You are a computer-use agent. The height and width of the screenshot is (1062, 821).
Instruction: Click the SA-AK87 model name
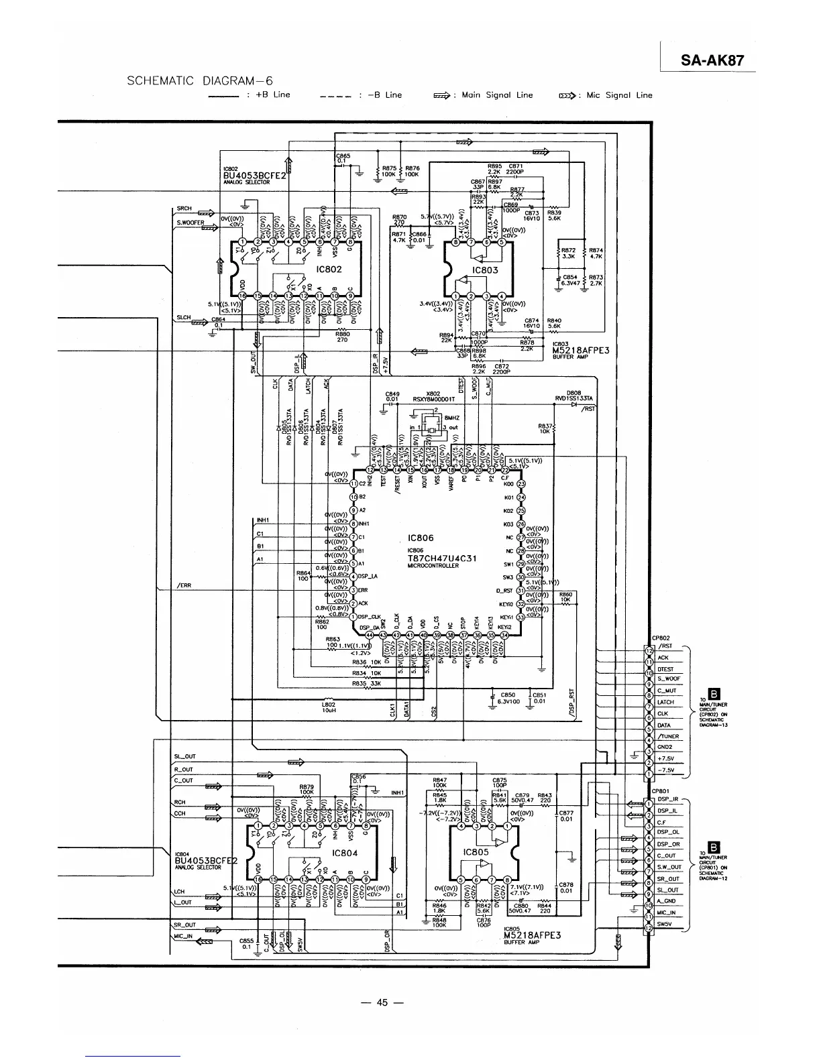tap(712, 60)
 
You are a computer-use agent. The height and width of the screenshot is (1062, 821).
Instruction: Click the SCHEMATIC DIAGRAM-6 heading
tap(199, 81)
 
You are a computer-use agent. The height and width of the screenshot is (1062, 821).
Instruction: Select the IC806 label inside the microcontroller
tap(421, 538)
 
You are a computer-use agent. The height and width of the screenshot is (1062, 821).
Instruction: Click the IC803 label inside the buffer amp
tap(485, 270)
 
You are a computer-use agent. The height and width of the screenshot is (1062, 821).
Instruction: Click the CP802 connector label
tap(661, 638)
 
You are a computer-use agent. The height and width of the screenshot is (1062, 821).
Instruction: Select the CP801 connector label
tap(661, 790)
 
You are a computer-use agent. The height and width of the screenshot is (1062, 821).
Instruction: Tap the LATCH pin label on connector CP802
tap(665, 702)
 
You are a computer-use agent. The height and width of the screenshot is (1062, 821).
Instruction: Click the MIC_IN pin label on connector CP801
tap(666, 912)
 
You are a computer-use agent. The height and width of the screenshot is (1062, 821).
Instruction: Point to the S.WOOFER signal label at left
tap(190, 222)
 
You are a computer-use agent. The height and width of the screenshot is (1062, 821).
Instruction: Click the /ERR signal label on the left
tap(184, 585)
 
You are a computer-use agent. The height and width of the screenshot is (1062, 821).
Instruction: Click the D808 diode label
tap(573, 393)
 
